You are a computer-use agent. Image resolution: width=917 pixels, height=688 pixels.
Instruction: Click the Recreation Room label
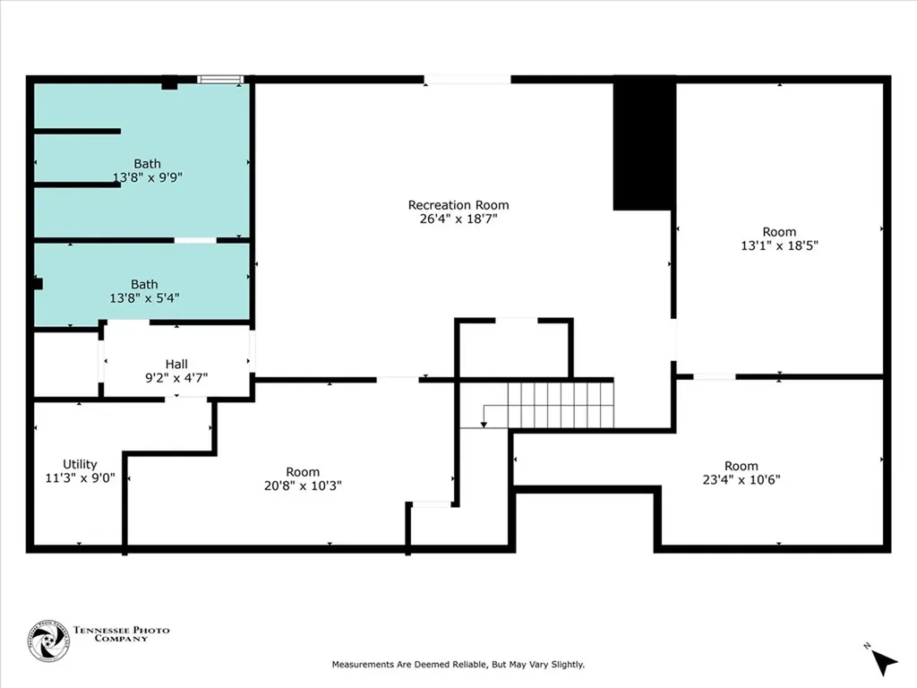click(458, 205)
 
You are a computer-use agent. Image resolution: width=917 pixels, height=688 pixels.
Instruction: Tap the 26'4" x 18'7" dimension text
click(458, 219)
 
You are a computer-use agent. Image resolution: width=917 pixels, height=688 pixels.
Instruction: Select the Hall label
click(176, 364)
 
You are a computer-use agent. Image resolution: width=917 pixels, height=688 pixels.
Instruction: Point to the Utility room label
click(80, 464)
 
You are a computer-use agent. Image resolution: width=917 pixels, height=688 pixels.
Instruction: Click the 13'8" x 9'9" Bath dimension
click(148, 177)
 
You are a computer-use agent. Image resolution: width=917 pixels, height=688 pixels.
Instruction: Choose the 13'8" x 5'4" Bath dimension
click(144, 297)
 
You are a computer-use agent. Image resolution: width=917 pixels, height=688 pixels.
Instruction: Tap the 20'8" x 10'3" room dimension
click(303, 486)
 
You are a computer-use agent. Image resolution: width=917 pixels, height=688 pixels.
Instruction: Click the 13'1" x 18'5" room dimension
click(779, 245)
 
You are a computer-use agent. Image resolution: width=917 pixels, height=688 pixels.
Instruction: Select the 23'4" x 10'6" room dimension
click(741, 480)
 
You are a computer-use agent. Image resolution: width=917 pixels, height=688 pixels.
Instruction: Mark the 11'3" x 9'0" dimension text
click(80, 478)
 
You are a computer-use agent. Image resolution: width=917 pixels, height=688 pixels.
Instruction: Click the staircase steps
click(561, 405)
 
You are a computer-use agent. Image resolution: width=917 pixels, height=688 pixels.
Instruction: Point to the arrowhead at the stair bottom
click(484, 424)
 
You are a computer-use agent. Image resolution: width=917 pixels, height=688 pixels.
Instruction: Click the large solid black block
click(645, 142)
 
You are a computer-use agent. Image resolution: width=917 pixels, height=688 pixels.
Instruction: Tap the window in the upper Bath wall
click(220, 80)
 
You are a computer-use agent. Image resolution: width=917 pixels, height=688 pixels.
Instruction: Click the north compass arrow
click(883, 662)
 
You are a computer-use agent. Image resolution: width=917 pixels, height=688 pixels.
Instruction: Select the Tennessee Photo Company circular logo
click(48, 641)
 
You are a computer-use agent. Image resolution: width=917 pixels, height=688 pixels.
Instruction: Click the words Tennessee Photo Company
click(121, 634)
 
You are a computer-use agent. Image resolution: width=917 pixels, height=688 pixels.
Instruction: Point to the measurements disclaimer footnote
click(458, 665)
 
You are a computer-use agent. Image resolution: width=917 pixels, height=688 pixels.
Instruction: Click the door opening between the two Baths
click(194, 240)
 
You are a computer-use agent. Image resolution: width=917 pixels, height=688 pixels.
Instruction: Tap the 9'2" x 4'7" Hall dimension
click(176, 378)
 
